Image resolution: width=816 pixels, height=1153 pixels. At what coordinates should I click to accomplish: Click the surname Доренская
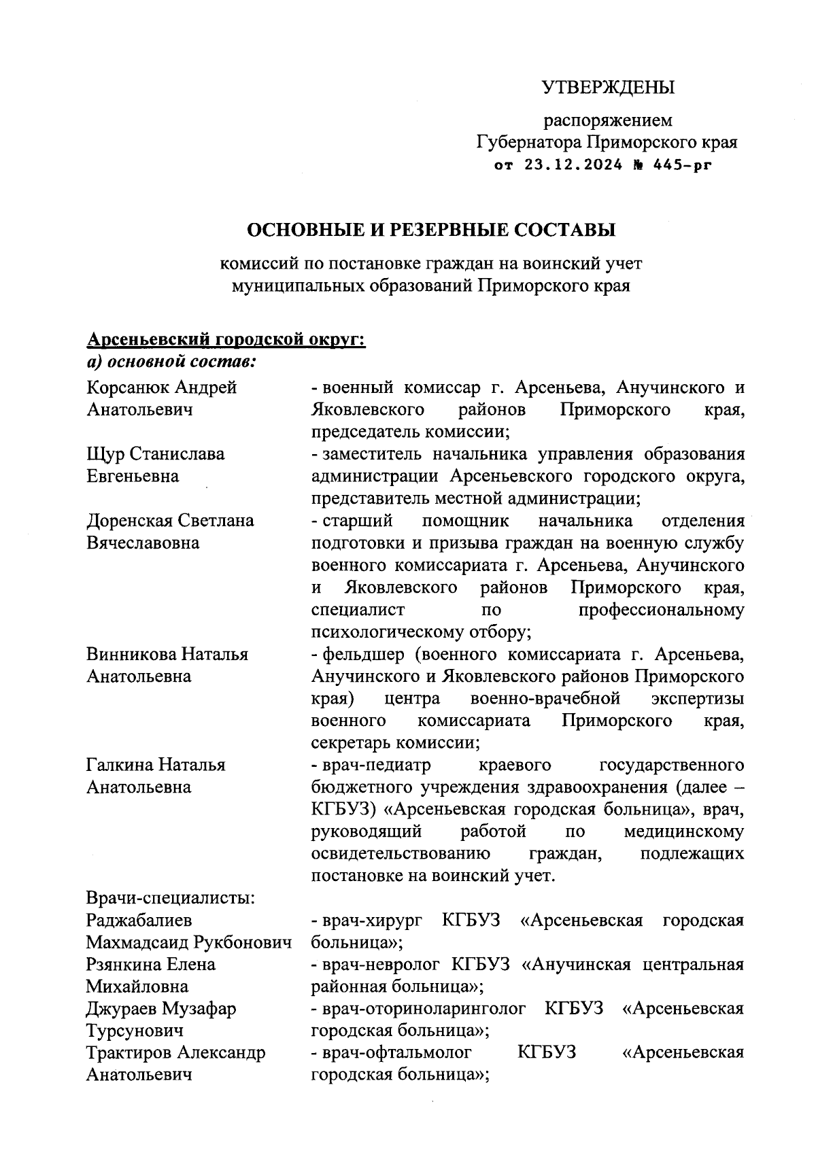pos(130,521)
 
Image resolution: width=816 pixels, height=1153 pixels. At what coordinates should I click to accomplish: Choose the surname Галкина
pos(120,765)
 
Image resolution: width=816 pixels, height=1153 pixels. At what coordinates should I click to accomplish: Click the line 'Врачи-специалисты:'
pos(171,898)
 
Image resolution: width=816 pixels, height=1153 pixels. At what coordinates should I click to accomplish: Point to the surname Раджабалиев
pos(139,920)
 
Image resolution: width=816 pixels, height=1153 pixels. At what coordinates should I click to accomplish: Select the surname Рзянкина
pos(126,965)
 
